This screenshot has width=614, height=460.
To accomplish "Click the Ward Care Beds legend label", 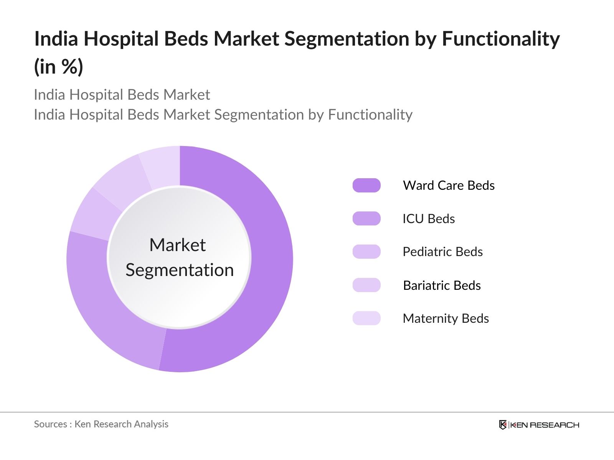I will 448,186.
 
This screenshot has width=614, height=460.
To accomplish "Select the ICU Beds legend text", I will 428,219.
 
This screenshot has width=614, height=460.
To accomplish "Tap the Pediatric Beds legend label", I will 442,252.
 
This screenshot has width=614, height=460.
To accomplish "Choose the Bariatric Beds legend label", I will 441,286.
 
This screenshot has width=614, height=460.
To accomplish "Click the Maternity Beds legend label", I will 445,319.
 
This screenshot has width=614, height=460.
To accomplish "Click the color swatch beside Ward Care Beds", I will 366,186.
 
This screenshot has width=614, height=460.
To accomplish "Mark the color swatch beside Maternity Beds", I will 366,319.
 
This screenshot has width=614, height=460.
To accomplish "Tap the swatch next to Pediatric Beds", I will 366,252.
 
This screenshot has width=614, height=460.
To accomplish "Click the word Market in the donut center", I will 177,245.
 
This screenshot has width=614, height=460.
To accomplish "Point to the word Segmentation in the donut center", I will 180,270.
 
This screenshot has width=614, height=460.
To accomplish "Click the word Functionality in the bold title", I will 500,39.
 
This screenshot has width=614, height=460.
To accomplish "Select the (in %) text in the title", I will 58,67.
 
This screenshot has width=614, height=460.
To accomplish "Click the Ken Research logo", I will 539,425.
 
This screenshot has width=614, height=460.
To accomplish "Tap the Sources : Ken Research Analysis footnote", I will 101,424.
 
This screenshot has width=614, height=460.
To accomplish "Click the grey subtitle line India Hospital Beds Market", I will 122,95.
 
